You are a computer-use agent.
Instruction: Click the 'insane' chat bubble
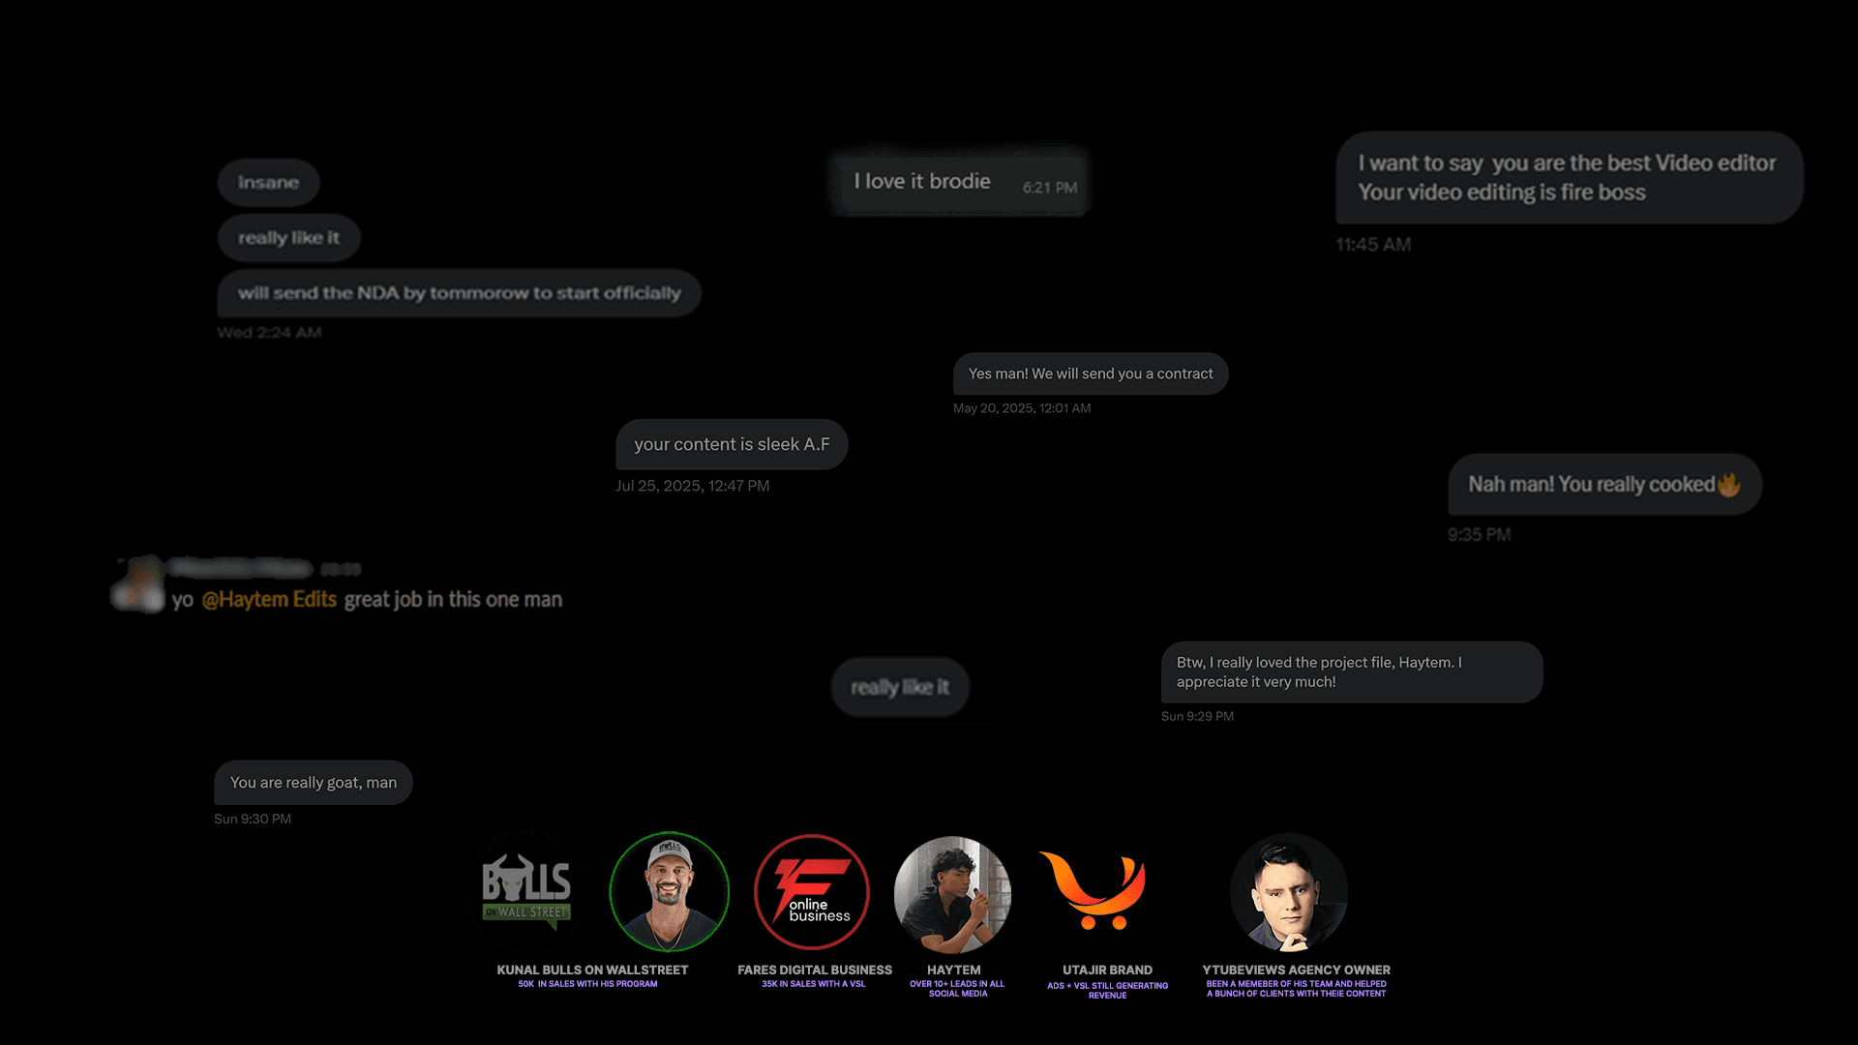click(268, 183)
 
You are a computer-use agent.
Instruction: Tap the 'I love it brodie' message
click(921, 182)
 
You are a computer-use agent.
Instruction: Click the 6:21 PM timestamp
click(1050, 188)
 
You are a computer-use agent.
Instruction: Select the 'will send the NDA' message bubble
click(459, 293)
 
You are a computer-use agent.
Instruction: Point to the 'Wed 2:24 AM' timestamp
click(269, 333)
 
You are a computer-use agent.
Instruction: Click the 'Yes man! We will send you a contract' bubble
click(1090, 373)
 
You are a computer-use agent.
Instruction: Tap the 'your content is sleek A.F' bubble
click(732, 444)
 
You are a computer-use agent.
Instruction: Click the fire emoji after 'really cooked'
click(1729, 485)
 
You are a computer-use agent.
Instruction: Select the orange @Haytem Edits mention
click(269, 600)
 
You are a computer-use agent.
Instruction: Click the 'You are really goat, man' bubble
click(313, 783)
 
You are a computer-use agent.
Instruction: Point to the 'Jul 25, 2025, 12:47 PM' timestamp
click(693, 486)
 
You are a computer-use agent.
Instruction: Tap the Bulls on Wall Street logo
click(527, 890)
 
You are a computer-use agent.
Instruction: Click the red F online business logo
click(812, 891)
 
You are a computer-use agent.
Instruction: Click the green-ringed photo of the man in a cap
click(669, 891)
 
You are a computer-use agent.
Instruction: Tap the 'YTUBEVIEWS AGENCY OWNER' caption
click(1296, 970)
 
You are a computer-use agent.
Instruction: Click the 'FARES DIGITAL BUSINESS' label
click(815, 970)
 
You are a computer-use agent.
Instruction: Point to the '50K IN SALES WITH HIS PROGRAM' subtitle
click(587, 984)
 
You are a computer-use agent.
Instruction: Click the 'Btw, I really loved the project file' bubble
click(1351, 672)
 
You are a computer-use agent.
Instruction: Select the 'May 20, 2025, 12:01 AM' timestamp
click(1022, 408)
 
